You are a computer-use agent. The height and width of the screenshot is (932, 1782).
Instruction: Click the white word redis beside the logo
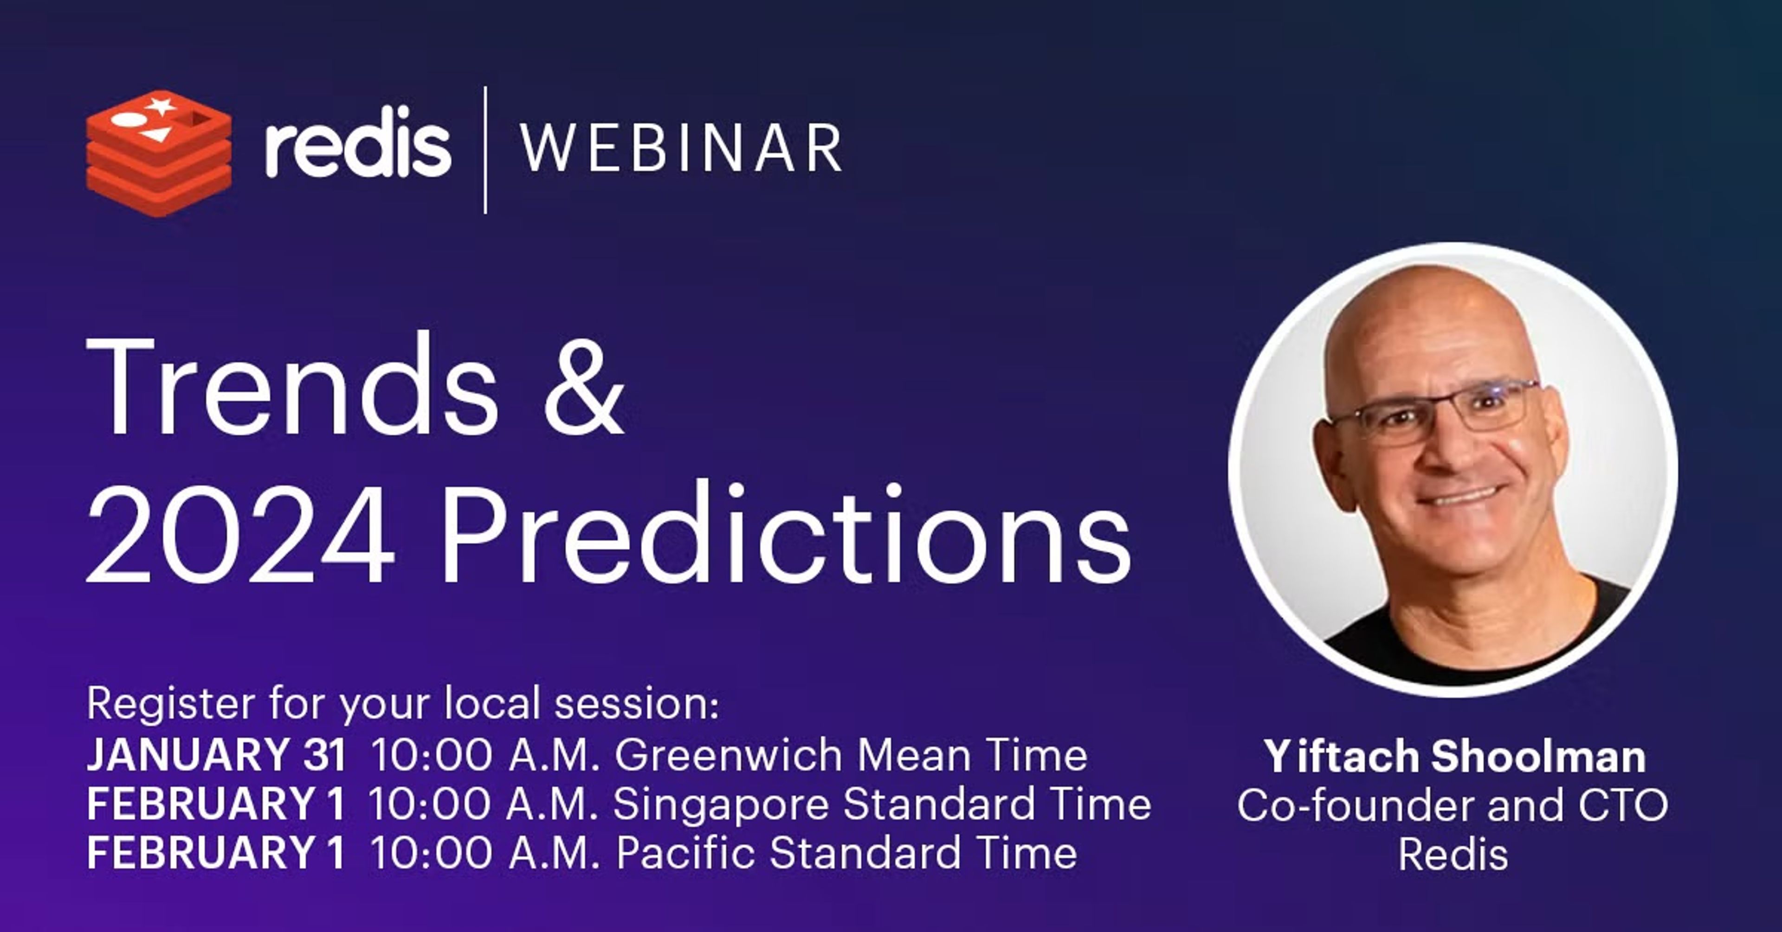358,142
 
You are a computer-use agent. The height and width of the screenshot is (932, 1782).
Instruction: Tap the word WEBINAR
681,147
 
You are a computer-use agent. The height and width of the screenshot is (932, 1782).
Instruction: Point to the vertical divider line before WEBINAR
485,150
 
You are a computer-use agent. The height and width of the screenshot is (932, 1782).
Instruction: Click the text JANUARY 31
216,754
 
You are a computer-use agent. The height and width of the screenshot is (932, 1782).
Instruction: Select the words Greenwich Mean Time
851,754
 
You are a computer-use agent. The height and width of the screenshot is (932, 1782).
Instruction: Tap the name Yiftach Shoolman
1454,756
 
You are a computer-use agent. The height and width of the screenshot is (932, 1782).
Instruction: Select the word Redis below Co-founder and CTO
1453,855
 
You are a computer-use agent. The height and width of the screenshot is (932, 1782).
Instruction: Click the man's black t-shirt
1480,632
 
